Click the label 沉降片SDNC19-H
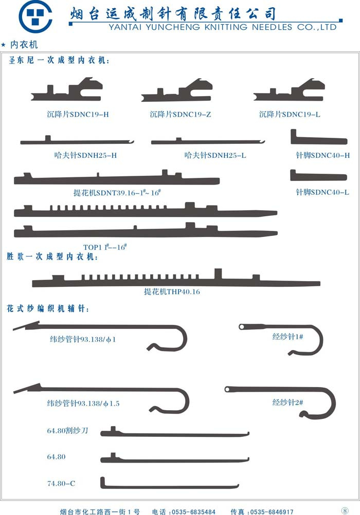(78, 114)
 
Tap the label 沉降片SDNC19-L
(290, 114)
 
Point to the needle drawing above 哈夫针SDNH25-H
(77, 141)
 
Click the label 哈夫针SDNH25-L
(215, 155)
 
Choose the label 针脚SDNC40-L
(322, 192)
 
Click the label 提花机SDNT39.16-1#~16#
(117, 192)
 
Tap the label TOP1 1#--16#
(105, 247)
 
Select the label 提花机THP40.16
(172, 291)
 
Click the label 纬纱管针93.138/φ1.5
(83, 403)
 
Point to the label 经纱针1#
(287, 337)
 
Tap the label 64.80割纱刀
(68, 431)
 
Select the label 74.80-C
(61, 484)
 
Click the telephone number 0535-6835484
(194, 511)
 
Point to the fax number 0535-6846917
(272, 511)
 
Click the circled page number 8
(345, 510)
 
